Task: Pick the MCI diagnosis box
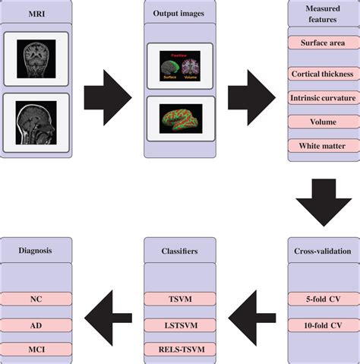point(36,350)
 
